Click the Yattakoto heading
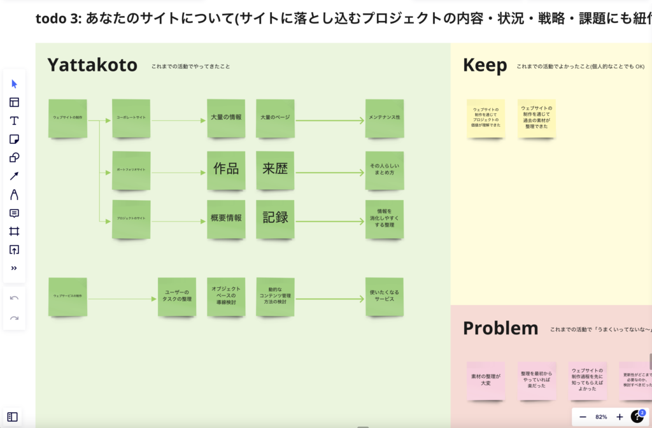tap(92, 65)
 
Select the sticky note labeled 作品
tap(226, 169)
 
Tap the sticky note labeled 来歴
tap(276, 169)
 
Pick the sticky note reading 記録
tap(276, 218)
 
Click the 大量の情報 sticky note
tap(226, 118)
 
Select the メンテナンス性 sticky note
tap(384, 118)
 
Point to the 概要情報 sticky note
tap(226, 218)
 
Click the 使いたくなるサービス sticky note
tap(384, 296)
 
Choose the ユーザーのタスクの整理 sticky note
tap(177, 296)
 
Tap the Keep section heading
tap(485, 65)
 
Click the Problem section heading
tap(500, 328)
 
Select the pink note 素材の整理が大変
tap(486, 380)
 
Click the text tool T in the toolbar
tap(14, 121)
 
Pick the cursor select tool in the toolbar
tap(14, 84)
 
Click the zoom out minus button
tap(583, 417)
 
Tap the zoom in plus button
tap(620, 417)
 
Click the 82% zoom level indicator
tap(601, 417)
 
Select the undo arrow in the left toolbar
tap(14, 298)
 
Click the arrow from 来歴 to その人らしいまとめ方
tap(330, 171)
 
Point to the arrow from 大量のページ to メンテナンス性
tap(330, 120)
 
